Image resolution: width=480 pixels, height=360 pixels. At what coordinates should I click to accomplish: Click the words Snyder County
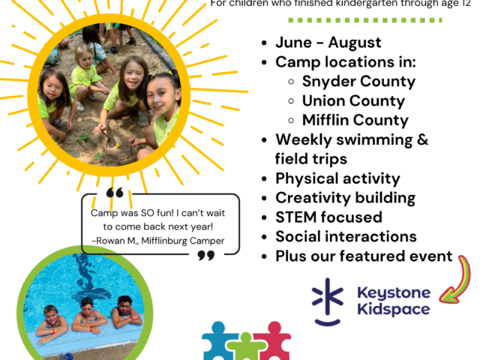(358, 82)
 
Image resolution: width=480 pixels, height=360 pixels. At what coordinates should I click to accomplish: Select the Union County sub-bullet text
(353, 100)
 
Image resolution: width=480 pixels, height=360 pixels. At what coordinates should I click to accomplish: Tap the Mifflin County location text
(355, 120)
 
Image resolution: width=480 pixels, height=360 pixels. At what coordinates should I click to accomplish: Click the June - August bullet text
(328, 43)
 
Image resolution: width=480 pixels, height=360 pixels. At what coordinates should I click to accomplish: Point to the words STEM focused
(328, 217)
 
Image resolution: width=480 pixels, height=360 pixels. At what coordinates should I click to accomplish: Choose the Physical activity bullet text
(337, 178)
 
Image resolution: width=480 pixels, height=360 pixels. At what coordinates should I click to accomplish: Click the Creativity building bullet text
(345, 198)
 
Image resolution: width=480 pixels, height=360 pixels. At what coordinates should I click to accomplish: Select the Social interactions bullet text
(346, 237)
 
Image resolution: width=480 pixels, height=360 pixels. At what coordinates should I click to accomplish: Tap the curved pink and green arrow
(458, 281)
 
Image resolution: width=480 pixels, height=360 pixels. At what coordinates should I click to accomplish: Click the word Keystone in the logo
(393, 293)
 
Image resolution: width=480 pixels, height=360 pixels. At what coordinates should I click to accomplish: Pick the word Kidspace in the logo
(394, 309)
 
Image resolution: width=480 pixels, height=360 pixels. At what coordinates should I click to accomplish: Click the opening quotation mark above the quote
(115, 193)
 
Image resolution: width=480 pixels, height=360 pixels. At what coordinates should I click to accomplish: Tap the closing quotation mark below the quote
(205, 256)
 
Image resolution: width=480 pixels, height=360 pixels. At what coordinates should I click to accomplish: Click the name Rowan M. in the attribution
(114, 240)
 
